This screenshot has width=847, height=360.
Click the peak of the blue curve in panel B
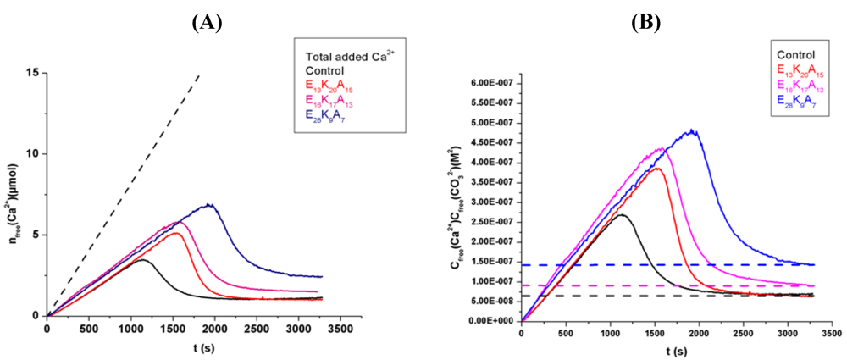pos(694,130)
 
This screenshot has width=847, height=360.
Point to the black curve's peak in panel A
pos(142,260)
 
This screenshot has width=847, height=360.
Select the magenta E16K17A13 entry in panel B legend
pos(801,84)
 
